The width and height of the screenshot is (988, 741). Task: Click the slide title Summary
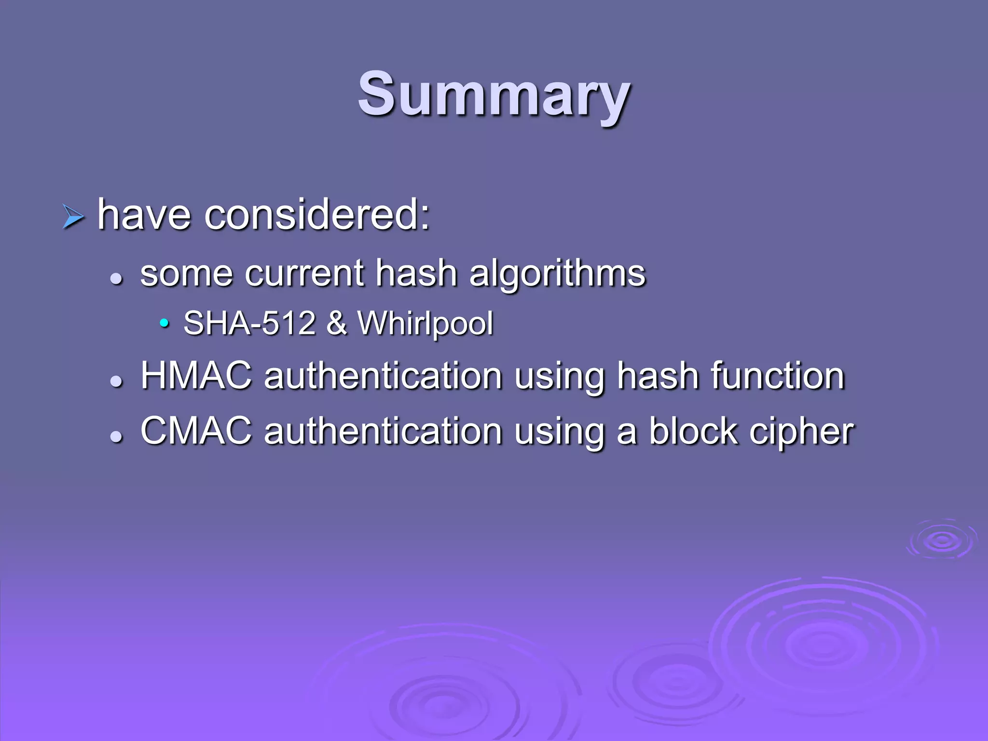pos(494,94)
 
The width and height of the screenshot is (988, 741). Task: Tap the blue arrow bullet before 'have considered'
pos(73,217)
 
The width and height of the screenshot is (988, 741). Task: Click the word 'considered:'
pos(317,215)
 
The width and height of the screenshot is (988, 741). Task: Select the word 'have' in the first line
pos(144,215)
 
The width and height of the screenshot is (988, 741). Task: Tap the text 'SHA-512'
pos(249,323)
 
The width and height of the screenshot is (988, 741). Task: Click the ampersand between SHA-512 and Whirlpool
pos(337,323)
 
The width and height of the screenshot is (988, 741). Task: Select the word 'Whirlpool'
pos(425,323)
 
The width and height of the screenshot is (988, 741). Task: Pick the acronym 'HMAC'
pos(196,376)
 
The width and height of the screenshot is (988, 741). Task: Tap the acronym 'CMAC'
pos(196,431)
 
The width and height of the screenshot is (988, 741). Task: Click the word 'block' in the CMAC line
pos(693,431)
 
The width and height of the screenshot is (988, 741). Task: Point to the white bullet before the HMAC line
pos(116,381)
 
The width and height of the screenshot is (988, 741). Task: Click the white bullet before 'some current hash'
pos(116,278)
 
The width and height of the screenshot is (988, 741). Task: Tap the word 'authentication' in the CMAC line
pos(383,431)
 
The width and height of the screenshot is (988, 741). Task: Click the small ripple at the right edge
pos(941,540)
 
